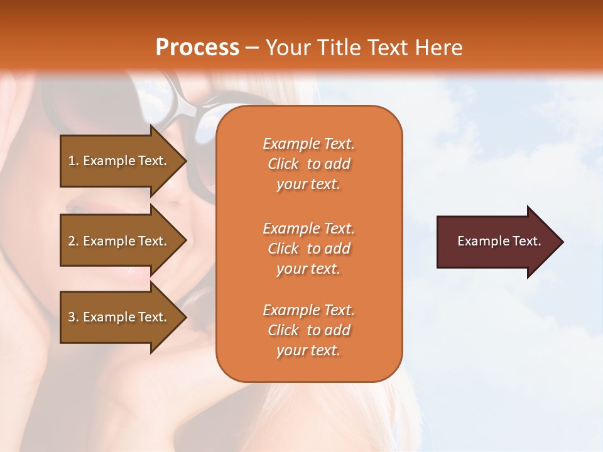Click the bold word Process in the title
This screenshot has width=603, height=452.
[x=197, y=48]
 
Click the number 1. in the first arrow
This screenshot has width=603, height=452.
[x=73, y=161]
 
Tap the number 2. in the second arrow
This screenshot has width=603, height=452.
[x=73, y=241]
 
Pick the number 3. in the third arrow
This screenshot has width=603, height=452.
[x=73, y=317]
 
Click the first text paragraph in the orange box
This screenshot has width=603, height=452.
[x=308, y=164]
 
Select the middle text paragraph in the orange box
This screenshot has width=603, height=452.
[x=308, y=249]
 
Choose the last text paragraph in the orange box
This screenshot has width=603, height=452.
[x=308, y=330]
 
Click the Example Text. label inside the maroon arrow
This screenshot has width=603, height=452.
[x=499, y=241]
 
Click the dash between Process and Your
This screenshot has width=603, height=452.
[x=252, y=48]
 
